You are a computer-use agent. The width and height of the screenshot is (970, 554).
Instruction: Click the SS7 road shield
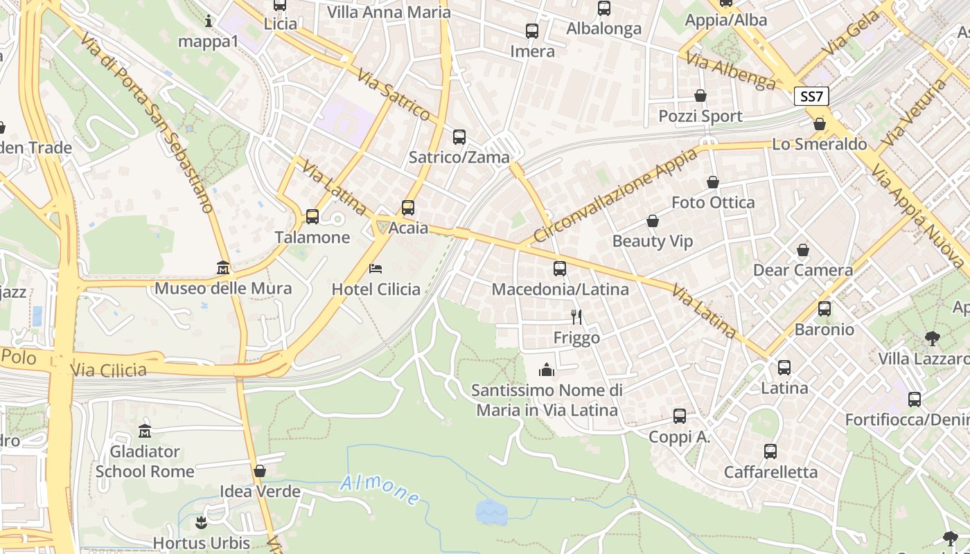(x=811, y=96)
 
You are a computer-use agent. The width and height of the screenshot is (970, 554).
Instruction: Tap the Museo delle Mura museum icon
(x=223, y=267)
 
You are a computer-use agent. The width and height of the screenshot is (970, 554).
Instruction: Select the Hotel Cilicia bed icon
(x=376, y=268)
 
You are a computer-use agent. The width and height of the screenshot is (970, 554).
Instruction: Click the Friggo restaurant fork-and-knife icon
(x=576, y=316)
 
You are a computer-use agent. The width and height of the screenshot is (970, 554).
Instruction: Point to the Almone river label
(x=380, y=491)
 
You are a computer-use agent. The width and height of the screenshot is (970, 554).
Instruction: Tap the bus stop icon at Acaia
(x=408, y=207)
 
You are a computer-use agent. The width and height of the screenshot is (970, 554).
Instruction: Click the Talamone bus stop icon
(x=312, y=217)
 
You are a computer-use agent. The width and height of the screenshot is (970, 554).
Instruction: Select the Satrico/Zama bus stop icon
(x=459, y=136)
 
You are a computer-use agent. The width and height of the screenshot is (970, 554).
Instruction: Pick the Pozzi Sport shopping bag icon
(x=700, y=96)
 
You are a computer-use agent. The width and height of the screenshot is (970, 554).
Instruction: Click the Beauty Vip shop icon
(x=652, y=221)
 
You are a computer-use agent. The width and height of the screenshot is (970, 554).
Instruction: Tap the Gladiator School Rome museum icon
(x=145, y=431)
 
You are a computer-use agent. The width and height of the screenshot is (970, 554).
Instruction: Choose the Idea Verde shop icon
(x=260, y=471)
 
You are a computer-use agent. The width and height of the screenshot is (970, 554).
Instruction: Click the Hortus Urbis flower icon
(x=202, y=521)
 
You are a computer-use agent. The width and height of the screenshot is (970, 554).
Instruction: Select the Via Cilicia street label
(x=108, y=370)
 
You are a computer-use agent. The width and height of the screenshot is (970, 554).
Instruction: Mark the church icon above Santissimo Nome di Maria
(x=547, y=370)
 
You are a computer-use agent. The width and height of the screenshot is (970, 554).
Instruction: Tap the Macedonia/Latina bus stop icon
(x=560, y=268)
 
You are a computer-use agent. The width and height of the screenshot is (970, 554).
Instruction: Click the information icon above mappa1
(x=209, y=21)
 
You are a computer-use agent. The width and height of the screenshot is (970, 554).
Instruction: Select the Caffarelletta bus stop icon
(x=770, y=452)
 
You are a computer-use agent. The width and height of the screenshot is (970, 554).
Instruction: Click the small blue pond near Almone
(x=491, y=512)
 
